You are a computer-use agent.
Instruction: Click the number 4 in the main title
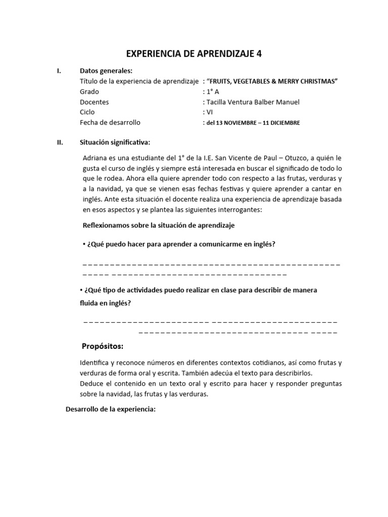pyautogui.click(x=259, y=54)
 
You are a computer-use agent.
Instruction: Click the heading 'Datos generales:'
pyautogui.click(x=106, y=71)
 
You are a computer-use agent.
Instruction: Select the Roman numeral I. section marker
pyautogui.click(x=60, y=71)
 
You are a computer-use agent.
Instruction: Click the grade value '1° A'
pyautogui.click(x=210, y=92)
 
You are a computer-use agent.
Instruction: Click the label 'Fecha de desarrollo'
pyautogui.click(x=110, y=122)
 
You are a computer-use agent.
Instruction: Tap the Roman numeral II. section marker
pyautogui.click(x=60, y=142)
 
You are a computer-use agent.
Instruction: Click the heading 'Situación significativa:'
pyautogui.click(x=115, y=142)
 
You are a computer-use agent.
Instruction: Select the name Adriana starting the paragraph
pyautogui.click(x=96, y=158)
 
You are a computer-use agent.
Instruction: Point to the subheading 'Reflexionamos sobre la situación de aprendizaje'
pyautogui.click(x=158, y=225)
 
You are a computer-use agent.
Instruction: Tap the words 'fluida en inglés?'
pyautogui.click(x=105, y=303)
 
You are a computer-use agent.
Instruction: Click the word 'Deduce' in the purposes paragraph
pyautogui.click(x=91, y=384)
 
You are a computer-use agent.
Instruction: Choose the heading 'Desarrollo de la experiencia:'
pyautogui.click(x=111, y=409)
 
